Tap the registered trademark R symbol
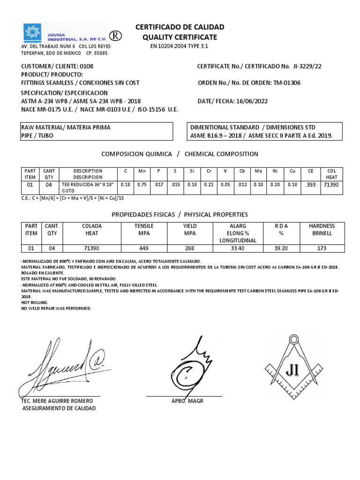[x=114, y=37]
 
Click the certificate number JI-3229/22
[x=307, y=67]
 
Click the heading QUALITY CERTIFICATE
[x=180, y=37]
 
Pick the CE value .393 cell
[x=310, y=185]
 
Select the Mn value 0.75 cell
[x=142, y=185]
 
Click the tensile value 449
[x=144, y=248]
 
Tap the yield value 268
[x=190, y=248]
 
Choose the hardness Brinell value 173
[x=322, y=248]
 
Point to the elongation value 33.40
[x=236, y=248]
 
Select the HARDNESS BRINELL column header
[x=322, y=230]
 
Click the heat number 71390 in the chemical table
[x=331, y=185]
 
